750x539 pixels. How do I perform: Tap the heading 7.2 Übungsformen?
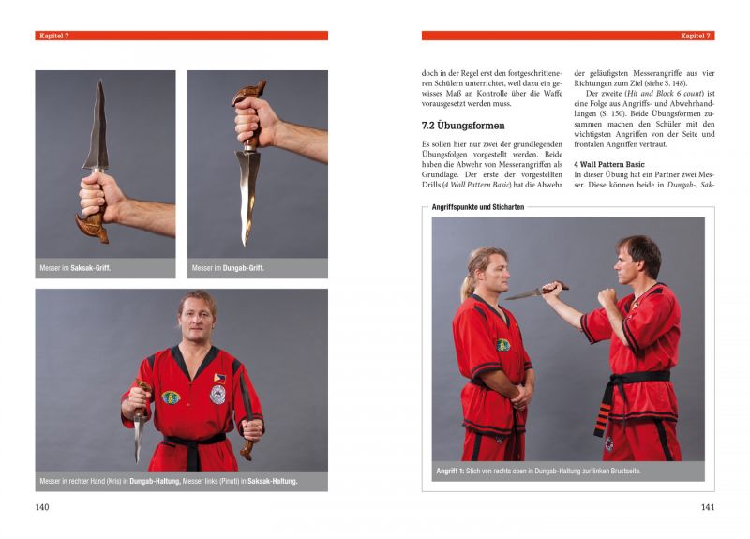463,125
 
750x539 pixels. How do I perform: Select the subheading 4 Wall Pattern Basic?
610,162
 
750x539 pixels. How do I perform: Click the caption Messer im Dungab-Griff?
228,268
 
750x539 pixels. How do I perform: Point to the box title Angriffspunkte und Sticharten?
477,207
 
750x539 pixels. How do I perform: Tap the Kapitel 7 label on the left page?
54,36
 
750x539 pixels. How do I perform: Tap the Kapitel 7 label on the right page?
696,36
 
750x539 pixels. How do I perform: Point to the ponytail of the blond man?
466,281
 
